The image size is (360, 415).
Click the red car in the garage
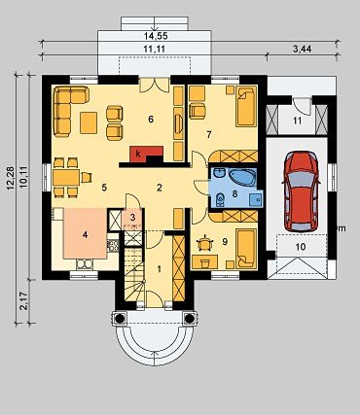[301, 190]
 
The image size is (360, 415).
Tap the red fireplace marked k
[146, 154]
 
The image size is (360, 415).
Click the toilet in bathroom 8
[221, 199]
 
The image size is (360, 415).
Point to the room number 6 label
[151, 120]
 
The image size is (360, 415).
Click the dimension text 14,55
[156, 36]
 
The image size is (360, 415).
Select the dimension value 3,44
[302, 50]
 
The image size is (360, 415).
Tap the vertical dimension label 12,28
[11, 178]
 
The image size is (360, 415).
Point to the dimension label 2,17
[23, 301]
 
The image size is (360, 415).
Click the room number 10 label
[301, 247]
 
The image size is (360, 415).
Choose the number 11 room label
[297, 121]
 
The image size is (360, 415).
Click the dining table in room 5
[66, 177]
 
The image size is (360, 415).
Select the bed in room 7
[246, 106]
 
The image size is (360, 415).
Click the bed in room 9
[246, 249]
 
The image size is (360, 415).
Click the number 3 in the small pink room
[132, 218]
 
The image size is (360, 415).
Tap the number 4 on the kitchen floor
[85, 235]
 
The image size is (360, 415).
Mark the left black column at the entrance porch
[119, 319]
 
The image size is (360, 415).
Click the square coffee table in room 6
[89, 122]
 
